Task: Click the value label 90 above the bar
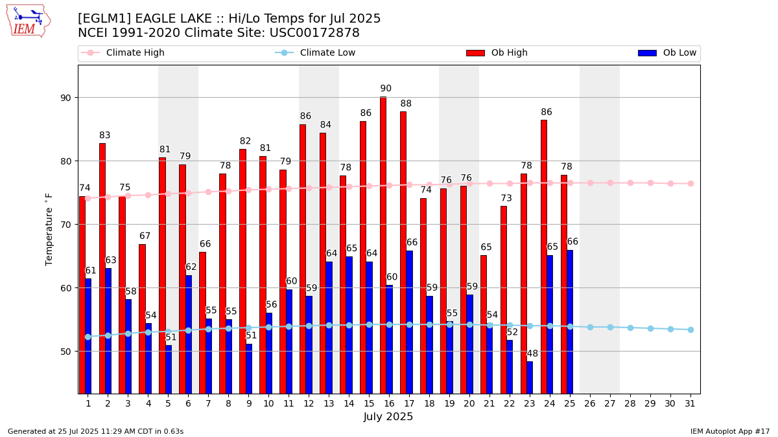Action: [386, 89]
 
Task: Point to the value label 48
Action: [532, 353]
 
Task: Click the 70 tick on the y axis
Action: [65, 225]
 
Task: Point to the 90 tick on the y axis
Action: [65, 98]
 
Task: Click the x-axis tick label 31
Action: [690, 403]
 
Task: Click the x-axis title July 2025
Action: [388, 417]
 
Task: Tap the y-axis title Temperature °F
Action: [49, 229]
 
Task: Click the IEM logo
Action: [28, 21]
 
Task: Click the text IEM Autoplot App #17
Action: [729, 431]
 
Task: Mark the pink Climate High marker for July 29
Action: [650, 183]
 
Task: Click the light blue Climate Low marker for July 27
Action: [610, 327]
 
